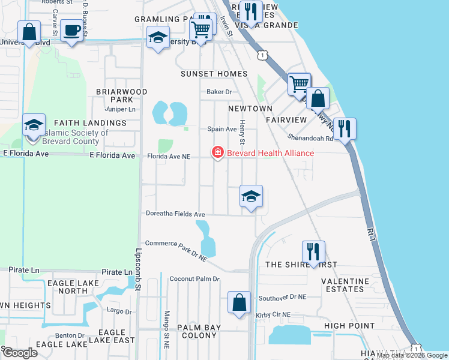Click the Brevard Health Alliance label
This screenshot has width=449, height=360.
pos(270,153)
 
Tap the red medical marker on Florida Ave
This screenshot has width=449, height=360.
pos(217,153)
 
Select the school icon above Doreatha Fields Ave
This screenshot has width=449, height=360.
pos(252,196)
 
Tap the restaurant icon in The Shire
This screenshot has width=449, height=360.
pos(313,251)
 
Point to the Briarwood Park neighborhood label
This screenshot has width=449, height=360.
pos(121,95)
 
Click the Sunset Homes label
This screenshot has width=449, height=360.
pos(214,74)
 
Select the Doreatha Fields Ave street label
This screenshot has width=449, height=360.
pos(175,214)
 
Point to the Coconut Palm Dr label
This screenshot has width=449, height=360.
pos(194,279)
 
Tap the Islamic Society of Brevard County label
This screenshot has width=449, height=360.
pos(71,137)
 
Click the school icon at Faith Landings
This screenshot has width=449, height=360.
pos(34,125)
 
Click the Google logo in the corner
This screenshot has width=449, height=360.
pos(20,352)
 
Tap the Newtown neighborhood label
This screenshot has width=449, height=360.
pos(250,109)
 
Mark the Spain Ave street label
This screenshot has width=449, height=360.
pos(221,129)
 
